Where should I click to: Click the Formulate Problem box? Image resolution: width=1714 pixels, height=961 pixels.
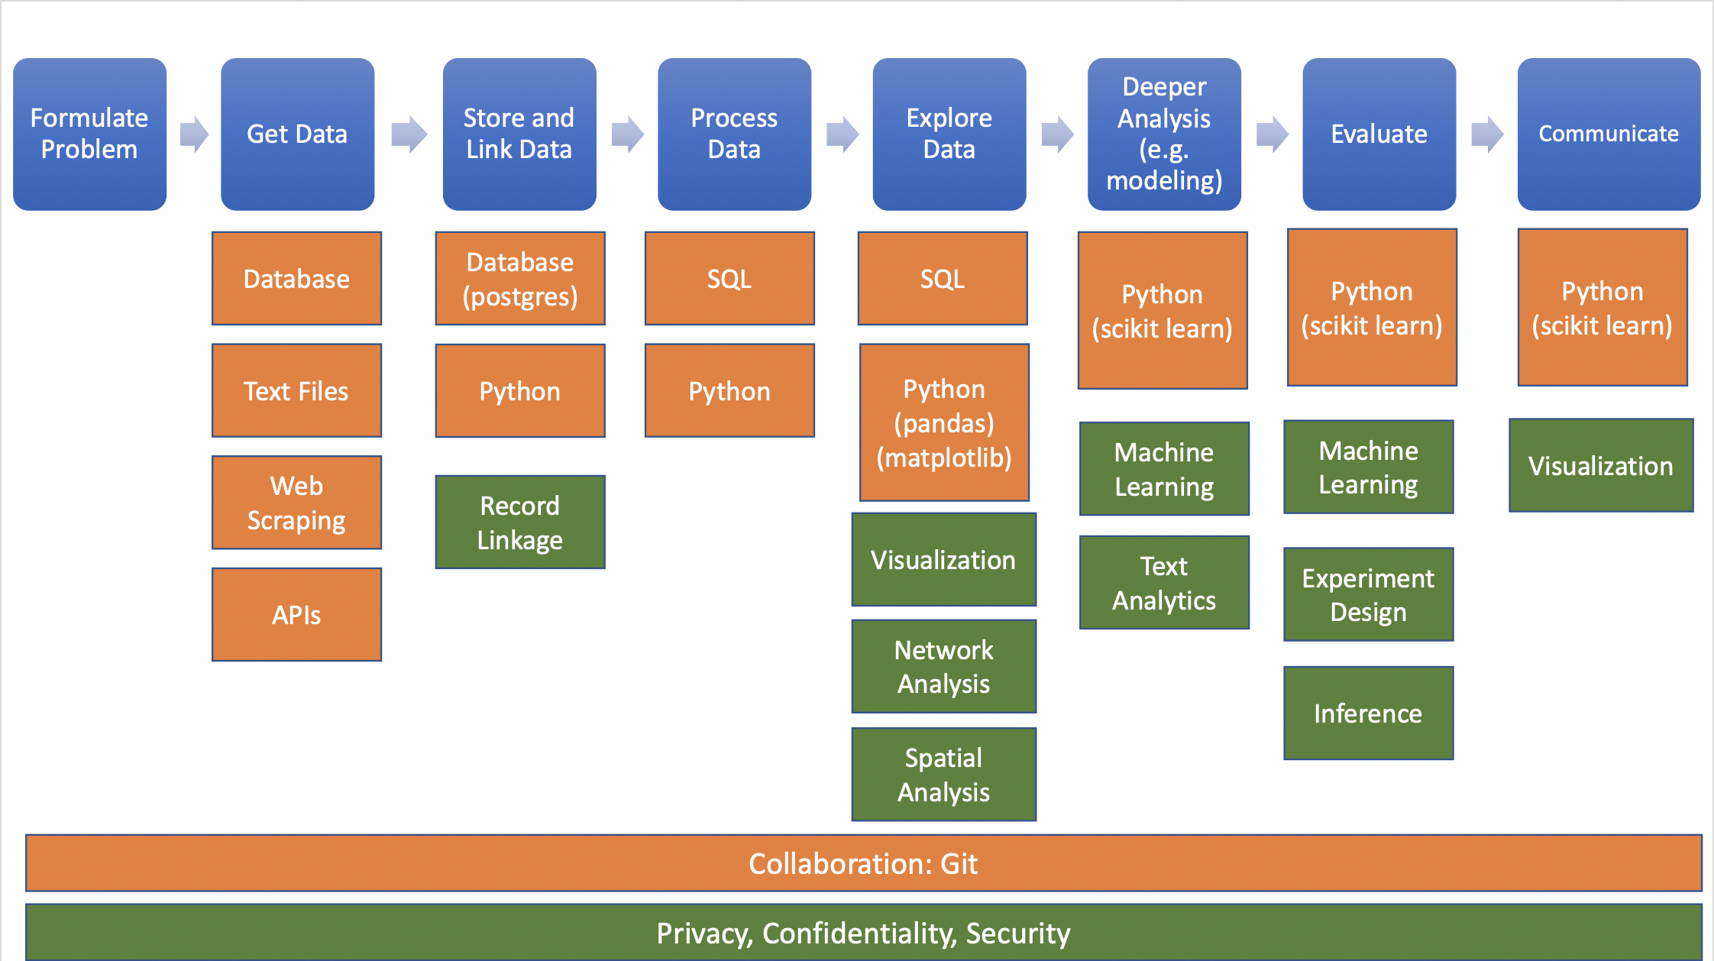89,134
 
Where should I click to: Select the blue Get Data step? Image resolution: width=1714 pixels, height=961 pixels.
297,134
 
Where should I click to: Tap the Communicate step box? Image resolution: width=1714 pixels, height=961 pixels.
1609,134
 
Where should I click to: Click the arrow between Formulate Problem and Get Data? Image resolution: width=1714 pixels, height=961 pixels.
194,134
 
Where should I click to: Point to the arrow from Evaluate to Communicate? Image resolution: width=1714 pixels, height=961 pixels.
1487,134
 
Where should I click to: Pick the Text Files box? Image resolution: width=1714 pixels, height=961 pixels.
296,390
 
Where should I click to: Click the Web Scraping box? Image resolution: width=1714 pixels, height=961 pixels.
296,503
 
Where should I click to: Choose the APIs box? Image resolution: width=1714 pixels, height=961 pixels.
296,614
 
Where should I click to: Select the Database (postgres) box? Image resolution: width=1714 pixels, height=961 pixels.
520,279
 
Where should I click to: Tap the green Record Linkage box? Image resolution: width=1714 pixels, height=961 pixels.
520,523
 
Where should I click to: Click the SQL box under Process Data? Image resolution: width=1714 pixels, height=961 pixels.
729,279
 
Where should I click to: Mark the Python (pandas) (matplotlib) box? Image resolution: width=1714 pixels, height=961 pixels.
944,422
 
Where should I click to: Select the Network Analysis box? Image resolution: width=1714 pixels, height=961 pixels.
944,666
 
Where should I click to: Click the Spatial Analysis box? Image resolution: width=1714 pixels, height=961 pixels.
944,775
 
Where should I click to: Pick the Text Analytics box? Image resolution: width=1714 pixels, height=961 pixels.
1164,583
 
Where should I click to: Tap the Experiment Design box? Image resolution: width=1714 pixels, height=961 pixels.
1369,594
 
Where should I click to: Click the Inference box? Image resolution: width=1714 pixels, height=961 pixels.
1369,713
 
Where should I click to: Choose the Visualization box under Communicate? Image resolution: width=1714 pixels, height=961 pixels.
1601,465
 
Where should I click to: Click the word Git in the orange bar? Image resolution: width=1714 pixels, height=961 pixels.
959,863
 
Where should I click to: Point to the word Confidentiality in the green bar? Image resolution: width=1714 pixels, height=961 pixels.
859,933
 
